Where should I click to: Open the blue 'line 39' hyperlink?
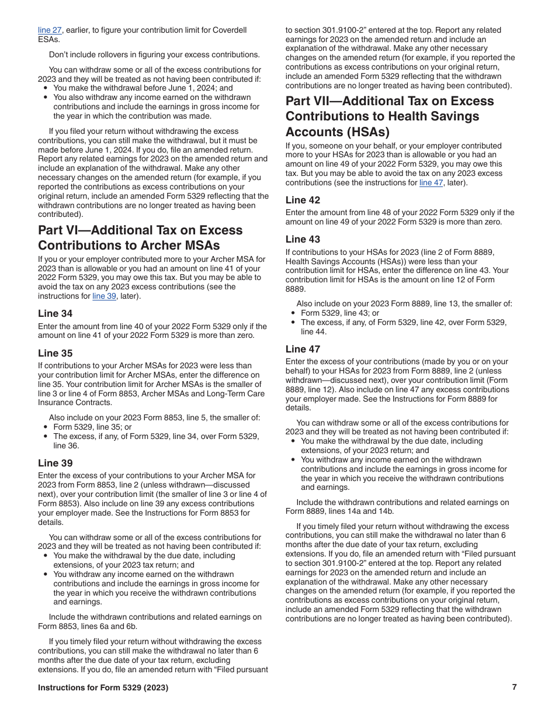103,296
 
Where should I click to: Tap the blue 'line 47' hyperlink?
431,183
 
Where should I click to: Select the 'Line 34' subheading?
55,313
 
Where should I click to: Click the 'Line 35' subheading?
55,353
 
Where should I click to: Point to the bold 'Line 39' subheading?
55,463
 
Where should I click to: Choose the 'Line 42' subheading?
303,200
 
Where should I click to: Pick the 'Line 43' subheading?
303,239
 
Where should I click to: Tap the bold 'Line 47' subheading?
303,349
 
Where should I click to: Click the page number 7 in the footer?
514,687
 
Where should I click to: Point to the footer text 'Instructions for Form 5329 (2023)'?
103,688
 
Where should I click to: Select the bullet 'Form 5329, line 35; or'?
92,427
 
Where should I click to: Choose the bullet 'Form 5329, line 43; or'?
340,313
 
